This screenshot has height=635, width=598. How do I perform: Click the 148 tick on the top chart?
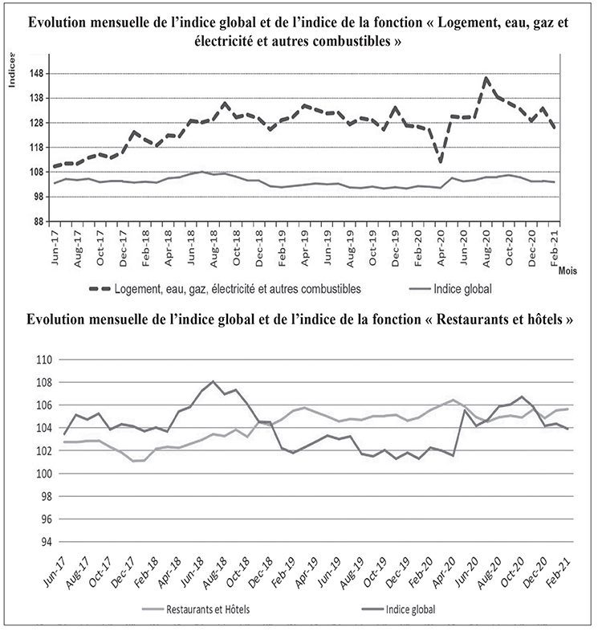(38, 74)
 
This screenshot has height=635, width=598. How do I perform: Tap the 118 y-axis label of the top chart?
(38, 148)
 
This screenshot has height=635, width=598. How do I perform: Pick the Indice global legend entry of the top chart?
(465, 287)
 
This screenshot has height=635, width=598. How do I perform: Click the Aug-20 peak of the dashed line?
(486, 78)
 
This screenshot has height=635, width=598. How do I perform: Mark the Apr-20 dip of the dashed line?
(441, 162)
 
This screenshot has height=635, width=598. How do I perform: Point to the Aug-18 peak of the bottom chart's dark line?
(213, 381)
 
